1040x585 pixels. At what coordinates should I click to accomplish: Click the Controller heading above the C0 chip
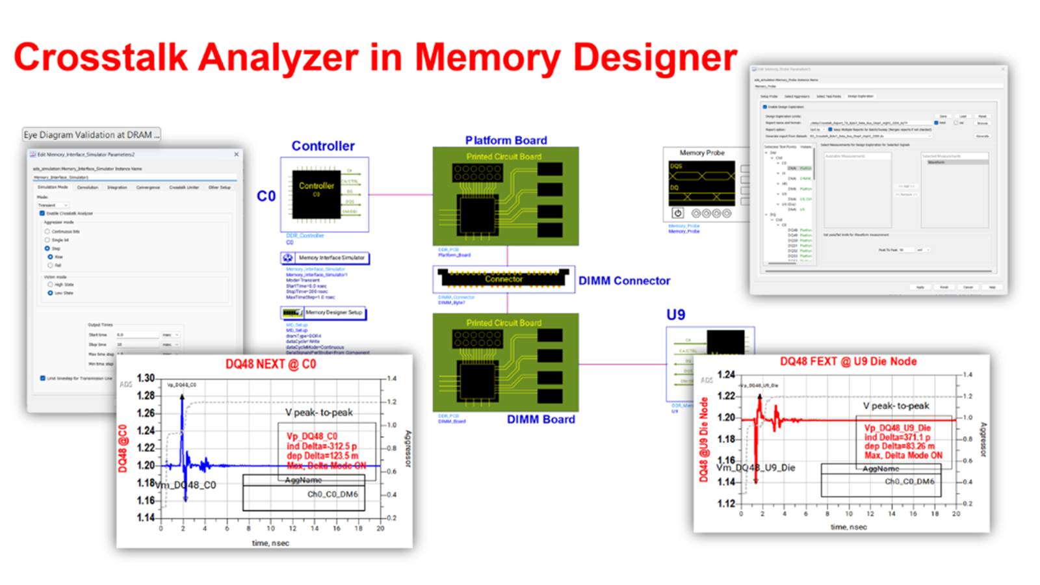coord(322,146)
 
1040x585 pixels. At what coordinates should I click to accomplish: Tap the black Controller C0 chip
coord(316,194)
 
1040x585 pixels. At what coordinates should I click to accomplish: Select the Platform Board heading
coord(506,140)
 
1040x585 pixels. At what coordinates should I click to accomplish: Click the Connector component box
coord(504,279)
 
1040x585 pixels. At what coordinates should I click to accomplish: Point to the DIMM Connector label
coord(624,281)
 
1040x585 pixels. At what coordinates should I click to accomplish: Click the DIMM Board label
coord(541,419)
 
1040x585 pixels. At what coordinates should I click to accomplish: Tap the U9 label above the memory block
coord(675,315)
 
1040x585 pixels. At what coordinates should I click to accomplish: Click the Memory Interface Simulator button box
coord(325,258)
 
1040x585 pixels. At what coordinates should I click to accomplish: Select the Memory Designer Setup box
coord(324,313)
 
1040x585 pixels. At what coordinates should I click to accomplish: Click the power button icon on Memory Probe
coord(677,213)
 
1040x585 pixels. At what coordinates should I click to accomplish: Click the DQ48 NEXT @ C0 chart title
coord(270,364)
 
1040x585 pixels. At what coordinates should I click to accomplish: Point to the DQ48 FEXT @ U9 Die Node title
coord(848,361)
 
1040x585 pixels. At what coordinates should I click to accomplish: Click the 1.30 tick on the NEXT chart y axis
coord(146,378)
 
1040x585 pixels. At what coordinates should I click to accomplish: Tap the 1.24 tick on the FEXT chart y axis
coord(726,375)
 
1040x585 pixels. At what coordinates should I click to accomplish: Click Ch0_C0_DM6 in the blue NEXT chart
coord(332,494)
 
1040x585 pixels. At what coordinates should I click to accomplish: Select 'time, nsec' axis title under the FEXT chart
coord(848,527)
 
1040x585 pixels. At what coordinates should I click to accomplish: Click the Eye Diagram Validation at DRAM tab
coord(91,135)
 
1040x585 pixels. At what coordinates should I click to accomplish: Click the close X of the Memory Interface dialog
coord(236,154)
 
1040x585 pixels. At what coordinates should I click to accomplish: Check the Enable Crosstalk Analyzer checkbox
coord(42,213)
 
